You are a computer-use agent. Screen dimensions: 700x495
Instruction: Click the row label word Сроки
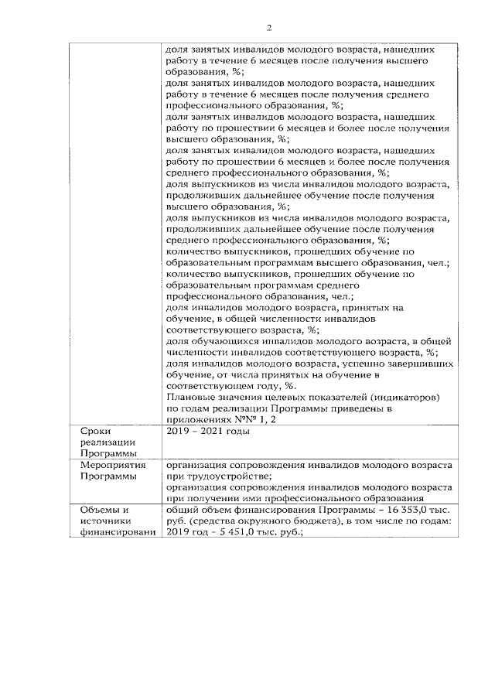coord(94,431)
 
